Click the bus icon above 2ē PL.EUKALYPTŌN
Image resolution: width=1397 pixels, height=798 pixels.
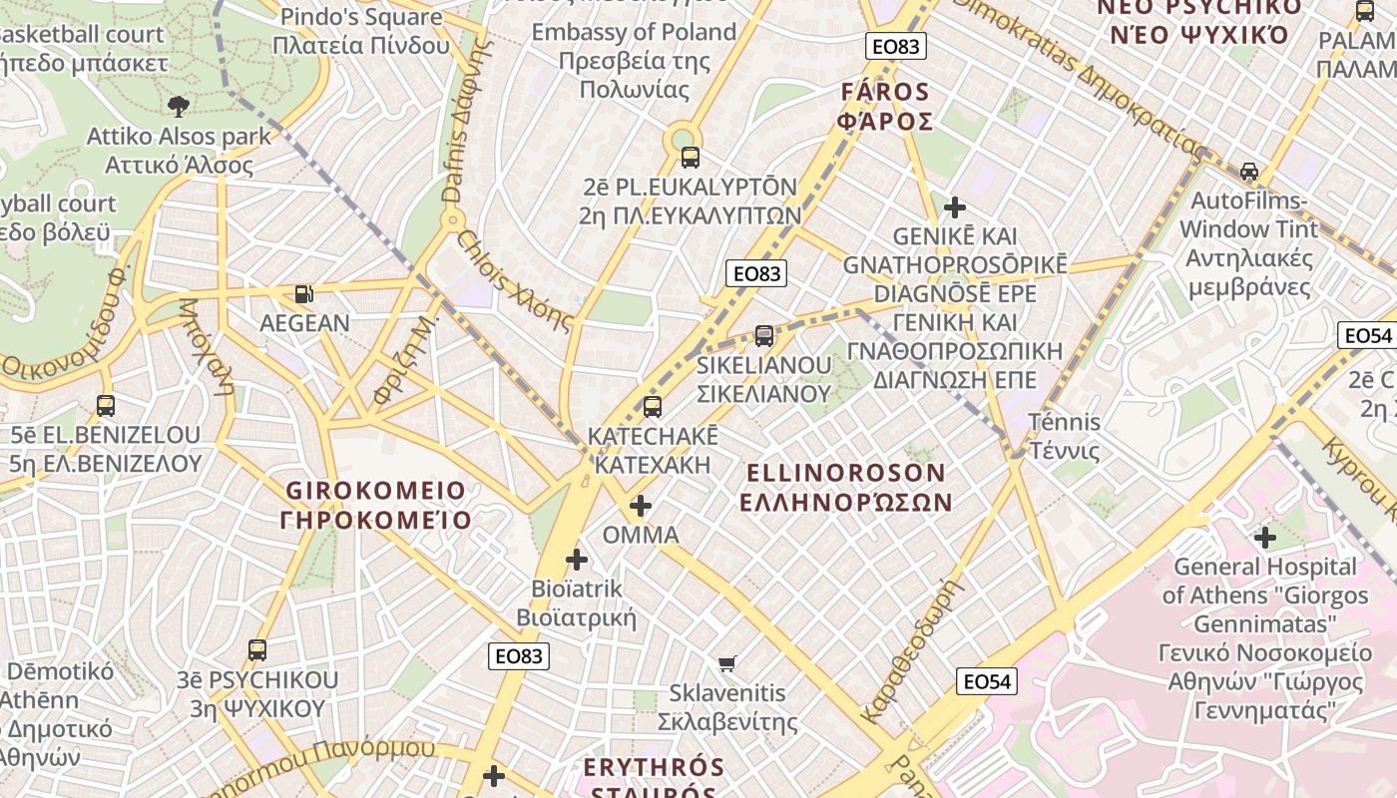pyautogui.click(x=690, y=157)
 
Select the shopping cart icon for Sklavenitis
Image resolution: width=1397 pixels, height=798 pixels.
pyautogui.click(x=727, y=663)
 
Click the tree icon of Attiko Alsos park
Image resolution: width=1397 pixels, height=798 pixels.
pyautogui.click(x=179, y=106)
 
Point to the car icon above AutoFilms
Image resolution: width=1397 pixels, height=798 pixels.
pyautogui.click(x=1248, y=171)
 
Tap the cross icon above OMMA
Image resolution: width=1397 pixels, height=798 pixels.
pyautogui.click(x=641, y=506)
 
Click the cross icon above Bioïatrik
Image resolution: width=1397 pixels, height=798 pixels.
pyautogui.click(x=577, y=560)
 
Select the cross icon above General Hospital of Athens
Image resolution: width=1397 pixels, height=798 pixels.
pyautogui.click(x=1265, y=538)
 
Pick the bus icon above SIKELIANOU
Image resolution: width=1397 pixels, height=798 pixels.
pyautogui.click(x=764, y=336)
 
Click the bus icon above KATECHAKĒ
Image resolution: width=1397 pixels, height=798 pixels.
pyautogui.click(x=653, y=407)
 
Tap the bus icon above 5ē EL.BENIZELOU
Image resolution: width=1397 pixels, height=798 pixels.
pyautogui.click(x=106, y=406)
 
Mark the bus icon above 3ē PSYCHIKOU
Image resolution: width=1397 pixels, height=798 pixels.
pyautogui.click(x=257, y=650)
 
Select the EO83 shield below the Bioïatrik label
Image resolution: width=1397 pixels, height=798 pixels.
pyautogui.click(x=519, y=655)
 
